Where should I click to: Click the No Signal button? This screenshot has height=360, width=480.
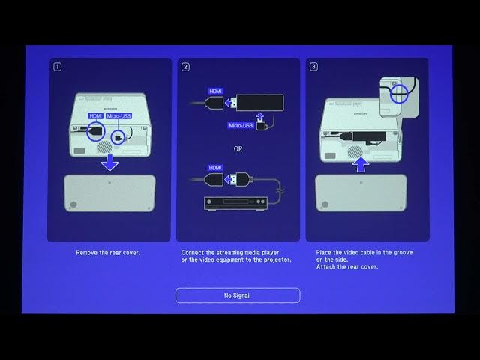point(238,295)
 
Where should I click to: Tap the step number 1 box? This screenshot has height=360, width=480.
point(58,67)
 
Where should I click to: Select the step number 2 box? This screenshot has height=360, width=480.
point(185,67)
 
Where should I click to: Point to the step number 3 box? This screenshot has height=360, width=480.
point(313,67)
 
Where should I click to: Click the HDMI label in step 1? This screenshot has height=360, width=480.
point(95,116)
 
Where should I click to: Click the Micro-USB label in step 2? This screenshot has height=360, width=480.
point(240,126)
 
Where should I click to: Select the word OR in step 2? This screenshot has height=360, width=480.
point(238,148)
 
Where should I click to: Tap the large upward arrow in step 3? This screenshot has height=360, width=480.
point(362,163)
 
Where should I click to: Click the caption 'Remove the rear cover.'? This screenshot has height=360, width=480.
point(108,253)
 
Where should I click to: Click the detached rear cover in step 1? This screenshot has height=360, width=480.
point(109,193)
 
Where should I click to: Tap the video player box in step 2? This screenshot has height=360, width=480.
point(235,202)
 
